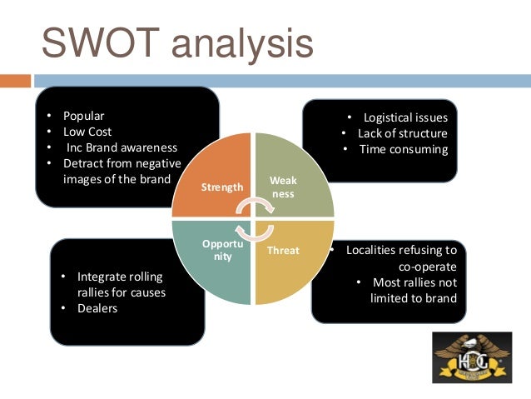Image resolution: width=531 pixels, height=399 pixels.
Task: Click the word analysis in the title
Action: tap(241, 45)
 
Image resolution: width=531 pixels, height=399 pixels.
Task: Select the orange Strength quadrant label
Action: tap(222, 187)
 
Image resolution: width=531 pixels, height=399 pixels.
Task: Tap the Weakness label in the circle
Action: tap(283, 187)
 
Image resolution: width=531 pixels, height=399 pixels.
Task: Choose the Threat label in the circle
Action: tap(283, 250)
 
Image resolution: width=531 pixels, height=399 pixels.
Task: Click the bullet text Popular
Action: tap(84, 116)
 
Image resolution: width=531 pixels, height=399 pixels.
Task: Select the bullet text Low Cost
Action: tap(87, 132)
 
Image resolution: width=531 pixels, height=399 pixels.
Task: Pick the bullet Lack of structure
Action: tap(403, 133)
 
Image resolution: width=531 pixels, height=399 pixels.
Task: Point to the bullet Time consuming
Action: tap(404, 149)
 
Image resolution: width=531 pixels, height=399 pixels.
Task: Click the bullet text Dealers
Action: tap(97, 308)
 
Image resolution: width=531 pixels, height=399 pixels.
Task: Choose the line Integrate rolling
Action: tap(120, 277)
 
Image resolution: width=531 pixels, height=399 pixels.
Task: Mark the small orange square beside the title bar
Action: tap(15, 81)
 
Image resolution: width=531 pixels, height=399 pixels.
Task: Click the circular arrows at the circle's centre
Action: tap(253, 218)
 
